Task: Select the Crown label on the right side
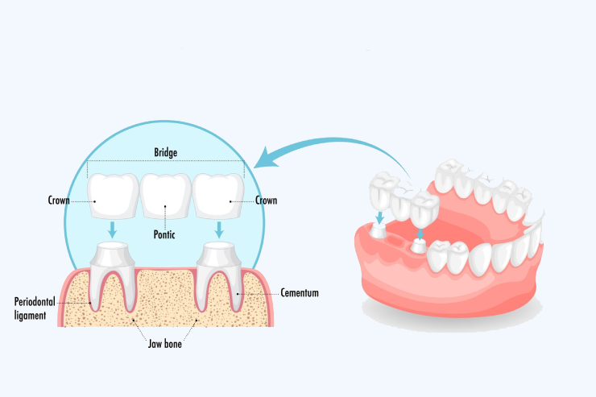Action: click(x=267, y=200)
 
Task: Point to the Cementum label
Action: click(x=300, y=293)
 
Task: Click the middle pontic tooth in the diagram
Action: click(x=165, y=196)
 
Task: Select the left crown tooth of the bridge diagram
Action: click(x=113, y=196)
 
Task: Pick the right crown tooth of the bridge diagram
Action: click(x=217, y=196)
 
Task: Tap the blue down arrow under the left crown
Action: click(x=113, y=230)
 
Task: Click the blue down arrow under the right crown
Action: click(x=218, y=230)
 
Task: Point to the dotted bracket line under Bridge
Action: click(x=165, y=161)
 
